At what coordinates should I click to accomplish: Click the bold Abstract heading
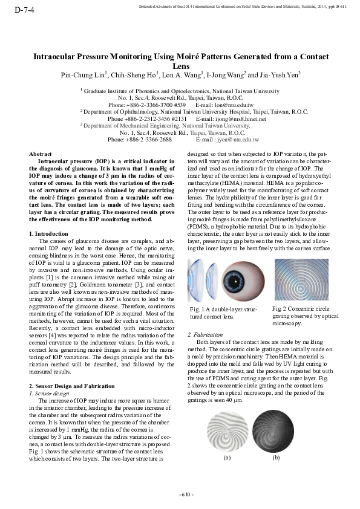point(41,154)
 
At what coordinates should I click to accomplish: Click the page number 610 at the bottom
point(186,494)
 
